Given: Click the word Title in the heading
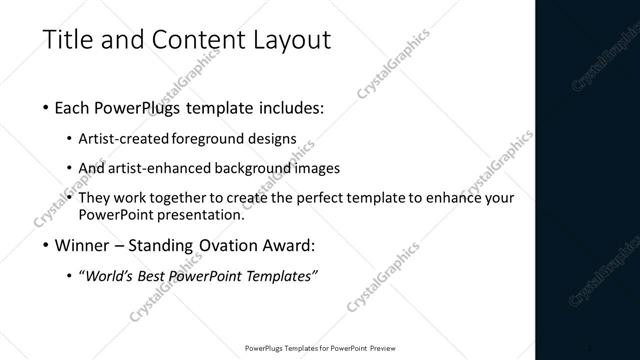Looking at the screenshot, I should click(68, 40).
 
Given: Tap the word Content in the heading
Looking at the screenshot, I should click(189, 40).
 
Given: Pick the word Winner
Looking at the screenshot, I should click(83, 244).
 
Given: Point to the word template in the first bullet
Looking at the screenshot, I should click(215, 106).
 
